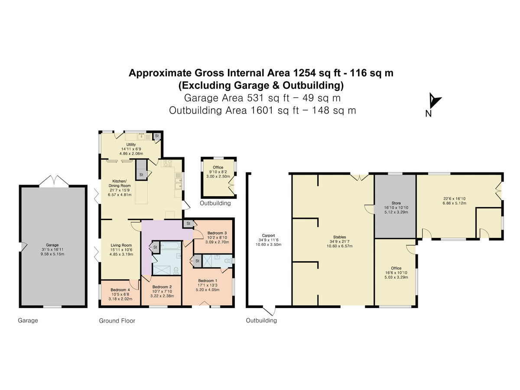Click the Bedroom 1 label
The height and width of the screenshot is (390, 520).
tap(208, 281)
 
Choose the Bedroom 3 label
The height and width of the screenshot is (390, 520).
tap(214, 233)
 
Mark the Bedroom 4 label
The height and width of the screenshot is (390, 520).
tap(120, 290)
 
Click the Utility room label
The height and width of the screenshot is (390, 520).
tap(131, 144)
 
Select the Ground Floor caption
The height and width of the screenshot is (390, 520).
tap(117, 321)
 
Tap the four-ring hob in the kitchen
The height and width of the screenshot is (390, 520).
tap(167, 164)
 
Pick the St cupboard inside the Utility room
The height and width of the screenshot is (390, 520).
tap(157, 136)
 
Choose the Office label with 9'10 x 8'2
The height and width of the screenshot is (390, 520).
tap(218, 167)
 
